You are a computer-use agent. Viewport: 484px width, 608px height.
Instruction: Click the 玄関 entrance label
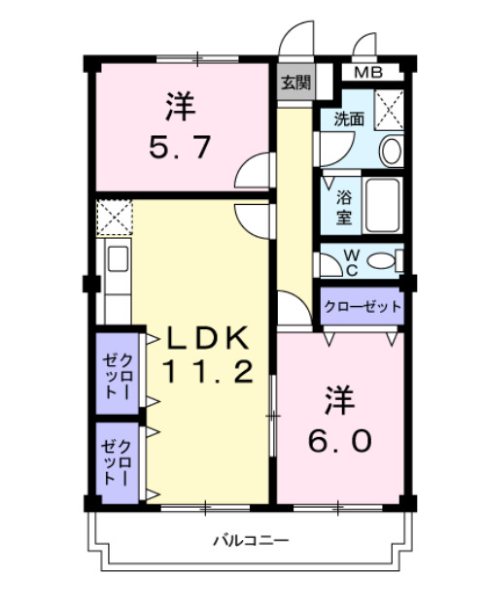[x=296, y=83]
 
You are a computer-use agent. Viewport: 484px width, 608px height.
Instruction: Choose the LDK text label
[x=208, y=339]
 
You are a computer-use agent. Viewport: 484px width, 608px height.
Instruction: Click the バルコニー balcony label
[x=251, y=541]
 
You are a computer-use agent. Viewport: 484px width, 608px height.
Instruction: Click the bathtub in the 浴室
[x=382, y=206]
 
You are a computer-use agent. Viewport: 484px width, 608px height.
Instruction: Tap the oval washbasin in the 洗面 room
[x=391, y=151]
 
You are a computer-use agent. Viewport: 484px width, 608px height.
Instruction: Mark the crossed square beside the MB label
[x=390, y=108]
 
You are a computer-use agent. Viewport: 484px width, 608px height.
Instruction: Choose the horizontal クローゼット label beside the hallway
[x=363, y=307]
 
